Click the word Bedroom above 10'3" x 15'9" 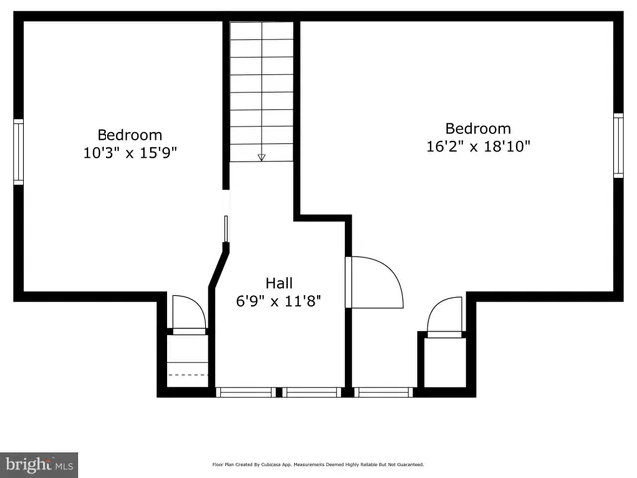(129, 135)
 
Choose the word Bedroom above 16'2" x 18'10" (478, 128)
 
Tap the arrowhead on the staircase (262, 156)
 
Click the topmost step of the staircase (262, 30)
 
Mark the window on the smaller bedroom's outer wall (18, 151)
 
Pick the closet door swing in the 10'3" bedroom (188, 312)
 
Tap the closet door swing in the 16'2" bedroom (445, 315)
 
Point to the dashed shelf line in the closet (187, 375)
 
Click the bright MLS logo (38, 464)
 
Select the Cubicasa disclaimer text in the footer (318, 464)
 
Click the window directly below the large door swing (383, 391)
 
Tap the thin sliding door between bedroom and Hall (226, 228)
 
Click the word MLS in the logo (64, 465)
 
